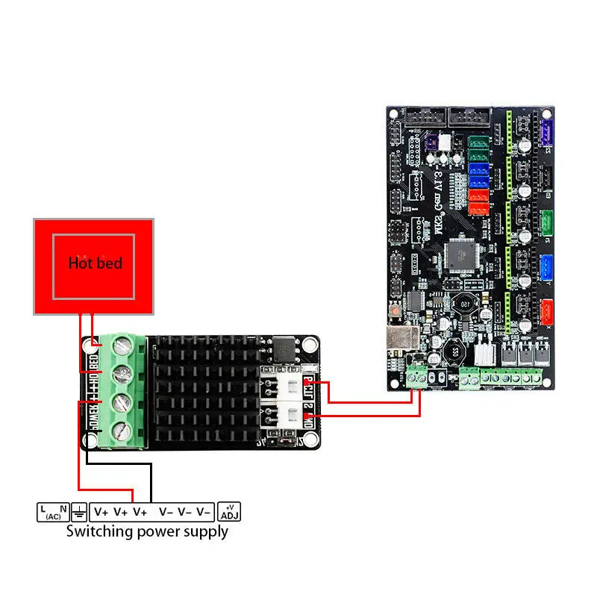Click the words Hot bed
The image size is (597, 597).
pyautogui.click(x=95, y=263)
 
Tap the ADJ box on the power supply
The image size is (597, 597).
pyautogui.click(x=229, y=511)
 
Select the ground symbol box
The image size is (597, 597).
pyautogui.click(x=78, y=512)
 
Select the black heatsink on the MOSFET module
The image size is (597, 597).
pyautogui.click(x=201, y=388)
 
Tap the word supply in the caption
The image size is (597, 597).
pyautogui.click(x=202, y=532)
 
